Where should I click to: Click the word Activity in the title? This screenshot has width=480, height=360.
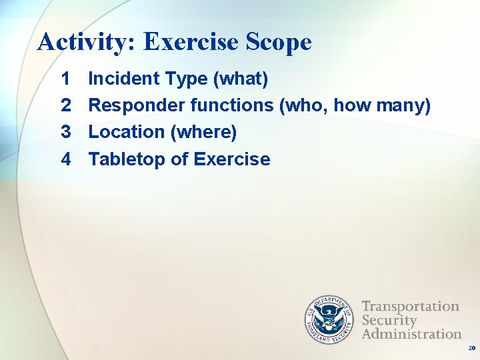pyautogui.click(x=84, y=42)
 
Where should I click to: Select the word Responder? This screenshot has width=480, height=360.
pyautogui.click(x=137, y=105)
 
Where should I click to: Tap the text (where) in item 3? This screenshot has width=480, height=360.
pyautogui.click(x=204, y=132)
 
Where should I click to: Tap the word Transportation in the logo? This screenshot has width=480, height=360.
pyautogui.click(x=410, y=307)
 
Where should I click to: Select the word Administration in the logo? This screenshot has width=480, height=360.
pyautogui.click(x=411, y=333)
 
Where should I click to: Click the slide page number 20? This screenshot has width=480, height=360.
pyautogui.click(x=471, y=349)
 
